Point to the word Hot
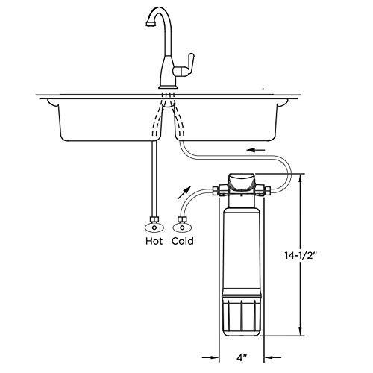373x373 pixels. tap(154, 241)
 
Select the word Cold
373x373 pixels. tap(183, 241)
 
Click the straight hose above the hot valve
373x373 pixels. tap(154, 179)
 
